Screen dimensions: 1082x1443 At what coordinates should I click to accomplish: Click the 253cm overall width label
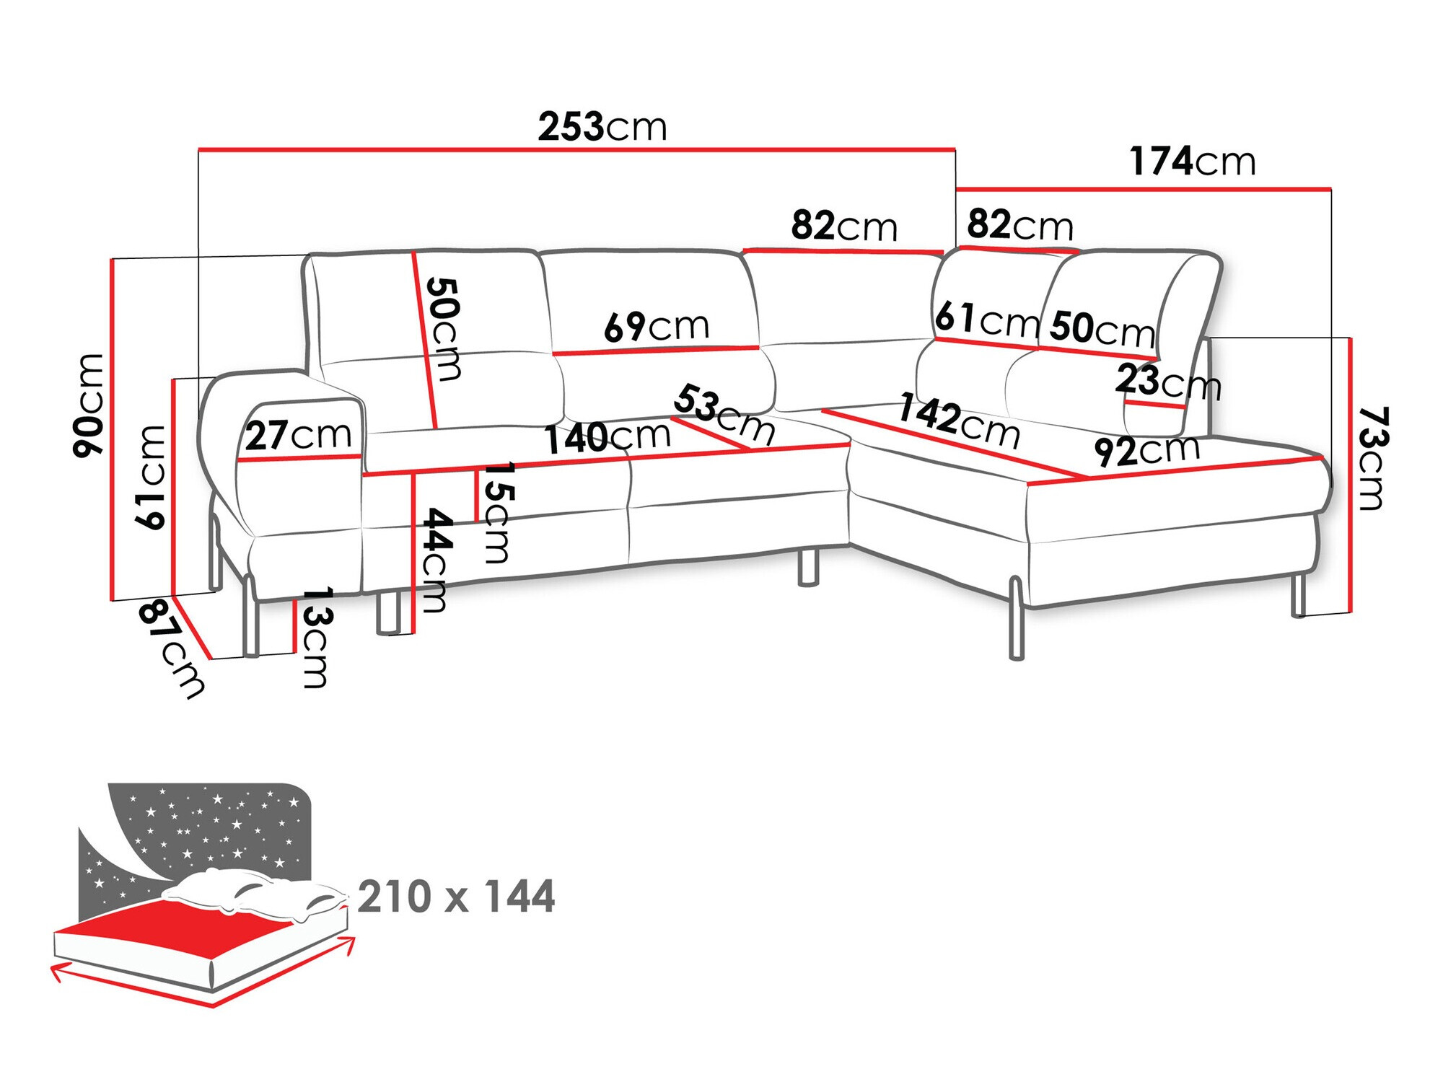(602, 127)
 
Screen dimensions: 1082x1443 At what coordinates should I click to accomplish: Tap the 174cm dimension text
(1192, 161)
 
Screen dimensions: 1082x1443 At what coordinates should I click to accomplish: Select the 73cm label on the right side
(1372, 459)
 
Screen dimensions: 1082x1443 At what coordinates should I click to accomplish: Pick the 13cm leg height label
(317, 637)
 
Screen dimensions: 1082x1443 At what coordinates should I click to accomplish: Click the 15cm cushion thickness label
(498, 512)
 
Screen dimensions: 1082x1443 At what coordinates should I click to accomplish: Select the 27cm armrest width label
(298, 435)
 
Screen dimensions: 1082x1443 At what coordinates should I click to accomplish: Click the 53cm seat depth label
(724, 413)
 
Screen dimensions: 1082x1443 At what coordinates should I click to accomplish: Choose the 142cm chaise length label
(959, 421)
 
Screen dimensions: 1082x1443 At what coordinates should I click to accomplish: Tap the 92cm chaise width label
(1146, 452)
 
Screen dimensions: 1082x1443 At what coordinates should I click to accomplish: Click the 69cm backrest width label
(657, 327)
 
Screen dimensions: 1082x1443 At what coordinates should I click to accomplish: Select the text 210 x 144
(456, 897)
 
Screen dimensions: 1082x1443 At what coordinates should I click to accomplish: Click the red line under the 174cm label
(1143, 190)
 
